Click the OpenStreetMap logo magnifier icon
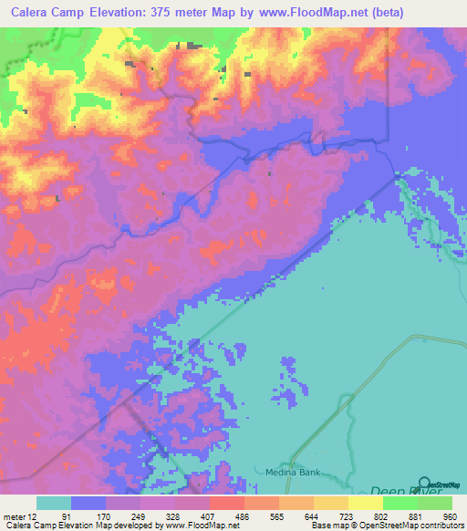pos(425,483)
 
